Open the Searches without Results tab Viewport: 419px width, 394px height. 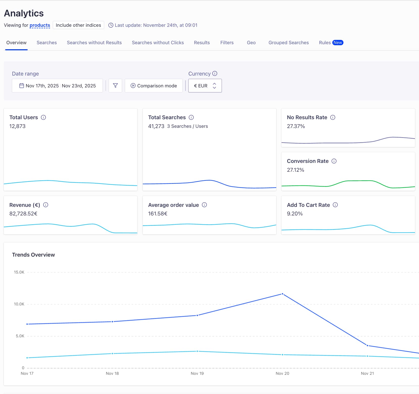click(x=94, y=43)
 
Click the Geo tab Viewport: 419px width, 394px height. click(x=251, y=43)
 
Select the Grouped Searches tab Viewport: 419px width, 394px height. click(x=288, y=43)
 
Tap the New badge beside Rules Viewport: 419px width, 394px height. click(x=338, y=43)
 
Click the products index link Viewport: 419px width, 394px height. click(x=40, y=25)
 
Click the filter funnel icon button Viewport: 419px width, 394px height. click(x=115, y=86)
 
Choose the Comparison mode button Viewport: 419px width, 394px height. click(x=154, y=86)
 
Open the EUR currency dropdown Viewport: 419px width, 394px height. click(x=205, y=86)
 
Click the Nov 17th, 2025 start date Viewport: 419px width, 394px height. click(x=42, y=86)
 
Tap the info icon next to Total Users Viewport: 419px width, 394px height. click(x=43, y=117)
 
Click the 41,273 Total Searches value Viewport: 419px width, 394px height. click(x=156, y=126)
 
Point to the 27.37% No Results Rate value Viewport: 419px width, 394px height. click(x=296, y=126)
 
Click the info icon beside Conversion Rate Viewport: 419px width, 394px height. click(x=334, y=161)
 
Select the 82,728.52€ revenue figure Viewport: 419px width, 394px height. click(x=23, y=214)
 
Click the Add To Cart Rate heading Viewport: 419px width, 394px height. click(x=308, y=205)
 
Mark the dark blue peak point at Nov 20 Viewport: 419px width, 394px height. click(x=282, y=294)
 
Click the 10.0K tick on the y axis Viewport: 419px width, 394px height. click(x=19, y=304)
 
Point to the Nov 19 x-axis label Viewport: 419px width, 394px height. click(x=197, y=373)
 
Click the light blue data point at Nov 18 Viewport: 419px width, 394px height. click(x=112, y=354)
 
